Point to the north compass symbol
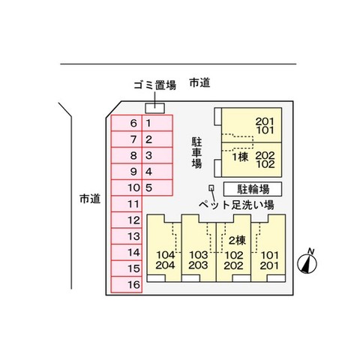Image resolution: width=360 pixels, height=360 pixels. (x=307, y=262)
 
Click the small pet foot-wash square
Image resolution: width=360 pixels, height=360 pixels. (x=212, y=187)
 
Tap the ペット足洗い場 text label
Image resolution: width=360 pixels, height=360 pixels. (x=241, y=204)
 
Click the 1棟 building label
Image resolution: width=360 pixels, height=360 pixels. (x=239, y=157)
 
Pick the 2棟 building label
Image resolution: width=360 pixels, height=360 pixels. (x=238, y=240)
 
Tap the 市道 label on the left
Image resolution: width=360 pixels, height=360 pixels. (x=89, y=199)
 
